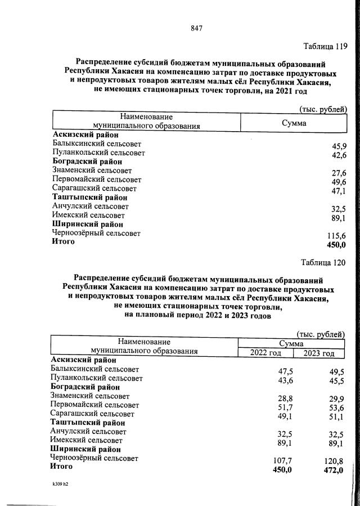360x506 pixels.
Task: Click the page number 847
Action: pyautogui.click(x=196, y=29)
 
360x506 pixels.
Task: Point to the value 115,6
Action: pyautogui.click(x=336, y=236)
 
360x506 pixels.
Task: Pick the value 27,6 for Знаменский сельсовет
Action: pyautogui.click(x=339, y=173)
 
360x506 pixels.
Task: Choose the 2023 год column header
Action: pyautogui.click(x=318, y=353)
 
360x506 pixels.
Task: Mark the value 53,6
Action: pyautogui.click(x=334, y=407)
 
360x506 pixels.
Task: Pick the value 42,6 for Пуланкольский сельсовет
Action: pyautogui.click(x=339, y=155)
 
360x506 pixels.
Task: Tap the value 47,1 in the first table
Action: pyautogui.click(x=339, y=191)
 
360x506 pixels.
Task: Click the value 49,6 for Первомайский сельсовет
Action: pyautogui.click(x=339, y=182)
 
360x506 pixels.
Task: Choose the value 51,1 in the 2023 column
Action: pyautogui.click(x=334, y=417)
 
